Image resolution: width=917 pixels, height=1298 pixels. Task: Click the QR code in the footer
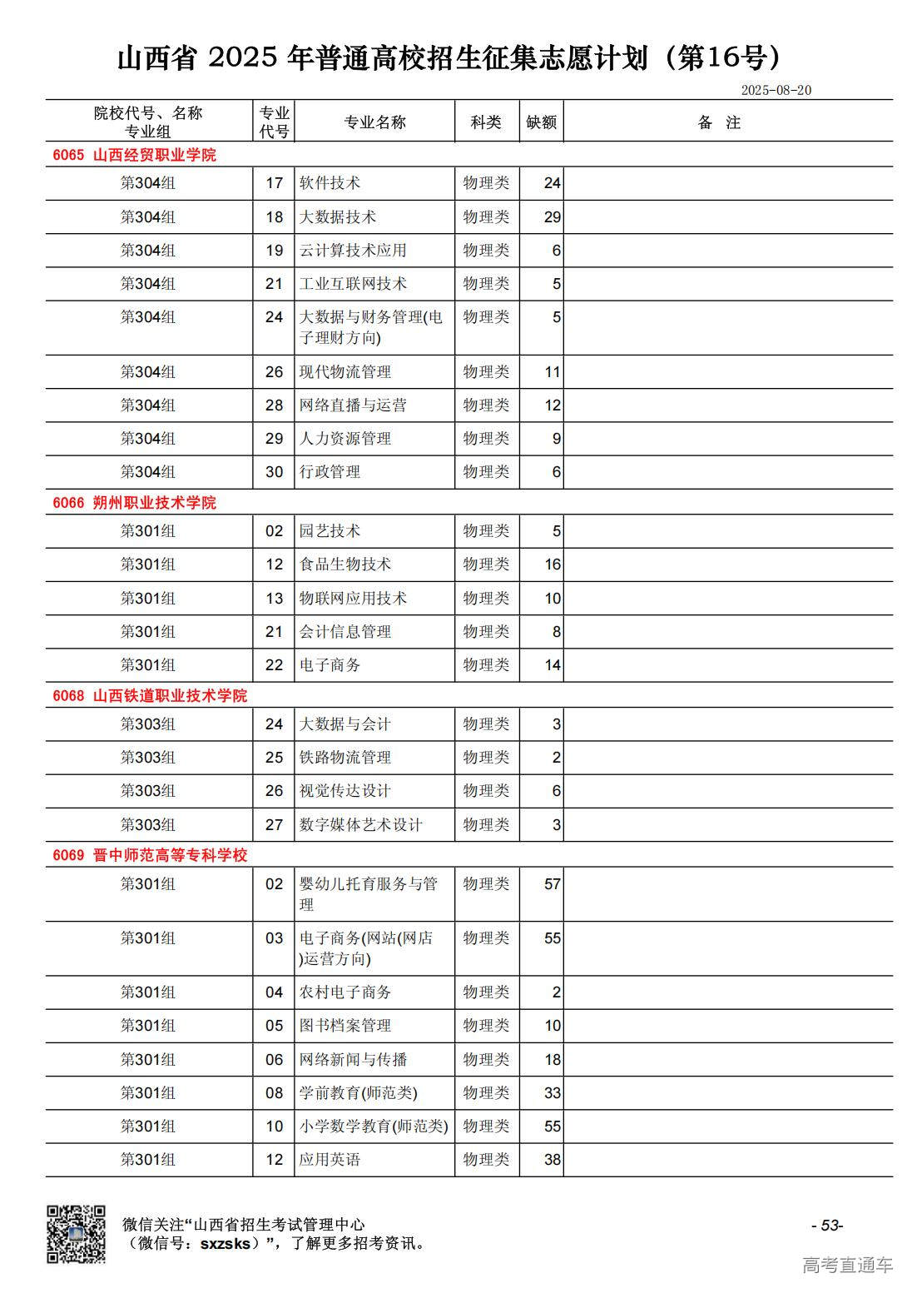point(76,1233)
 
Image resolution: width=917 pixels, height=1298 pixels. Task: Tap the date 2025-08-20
point(776,90)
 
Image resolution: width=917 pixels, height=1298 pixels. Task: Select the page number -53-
point(826,1225)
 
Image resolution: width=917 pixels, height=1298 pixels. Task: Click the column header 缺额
point(541,122)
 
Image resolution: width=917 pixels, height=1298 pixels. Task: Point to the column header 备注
point(719,122)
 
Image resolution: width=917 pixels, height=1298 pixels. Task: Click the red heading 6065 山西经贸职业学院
point(134,155)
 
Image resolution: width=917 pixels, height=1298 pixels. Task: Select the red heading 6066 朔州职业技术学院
point(134,503)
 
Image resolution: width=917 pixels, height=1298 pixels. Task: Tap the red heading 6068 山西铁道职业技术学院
point(150,696)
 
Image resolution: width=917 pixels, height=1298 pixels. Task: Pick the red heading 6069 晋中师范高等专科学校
point(150,855)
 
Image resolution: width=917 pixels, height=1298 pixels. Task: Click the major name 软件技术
point(330,183)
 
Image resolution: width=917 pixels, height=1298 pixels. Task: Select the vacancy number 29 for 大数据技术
point(552,217)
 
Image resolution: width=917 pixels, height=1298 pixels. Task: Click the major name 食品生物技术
point(344,564)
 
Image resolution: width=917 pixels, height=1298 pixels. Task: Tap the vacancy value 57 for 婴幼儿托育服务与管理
point(552,884)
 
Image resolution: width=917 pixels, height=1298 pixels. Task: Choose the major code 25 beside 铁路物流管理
point(274,758)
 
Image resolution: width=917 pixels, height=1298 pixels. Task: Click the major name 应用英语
point(330,1160)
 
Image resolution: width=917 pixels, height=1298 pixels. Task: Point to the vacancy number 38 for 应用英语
point(552,1160)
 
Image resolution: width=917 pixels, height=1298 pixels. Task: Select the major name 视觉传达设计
point(344,791)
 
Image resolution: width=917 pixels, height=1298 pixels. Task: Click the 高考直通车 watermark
point(847,1265)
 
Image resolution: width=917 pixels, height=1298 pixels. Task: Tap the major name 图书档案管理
point(344,1026)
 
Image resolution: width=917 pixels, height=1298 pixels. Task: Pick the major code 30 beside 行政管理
point(274,472)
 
